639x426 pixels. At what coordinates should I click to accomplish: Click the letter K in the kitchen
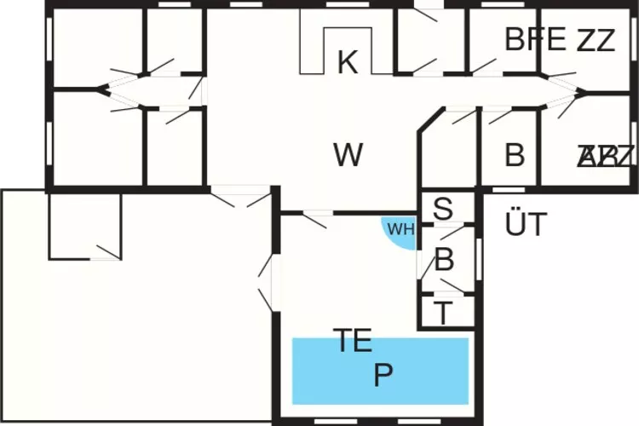(x=347, y=62)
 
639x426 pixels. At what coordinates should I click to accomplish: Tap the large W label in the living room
(x=348, y=155)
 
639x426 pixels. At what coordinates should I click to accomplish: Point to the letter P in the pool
(x=383, y=376)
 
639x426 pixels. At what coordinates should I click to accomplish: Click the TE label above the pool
(x=353, y=342)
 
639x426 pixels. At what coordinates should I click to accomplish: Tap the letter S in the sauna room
(x=443, y=209)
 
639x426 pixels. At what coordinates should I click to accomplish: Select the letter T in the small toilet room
(x=443, y=313)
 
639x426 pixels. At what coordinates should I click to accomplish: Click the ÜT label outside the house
(x=525, y=225)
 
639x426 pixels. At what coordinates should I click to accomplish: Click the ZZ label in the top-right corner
(x=596, y=40)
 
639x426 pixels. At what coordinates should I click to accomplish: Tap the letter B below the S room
(x=444, y=261)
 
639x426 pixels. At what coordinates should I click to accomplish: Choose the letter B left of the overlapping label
(x=514, y=156)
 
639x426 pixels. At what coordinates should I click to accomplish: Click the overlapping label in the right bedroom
(x=606, y=156)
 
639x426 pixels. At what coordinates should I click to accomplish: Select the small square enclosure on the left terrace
(x=84, y=224)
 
